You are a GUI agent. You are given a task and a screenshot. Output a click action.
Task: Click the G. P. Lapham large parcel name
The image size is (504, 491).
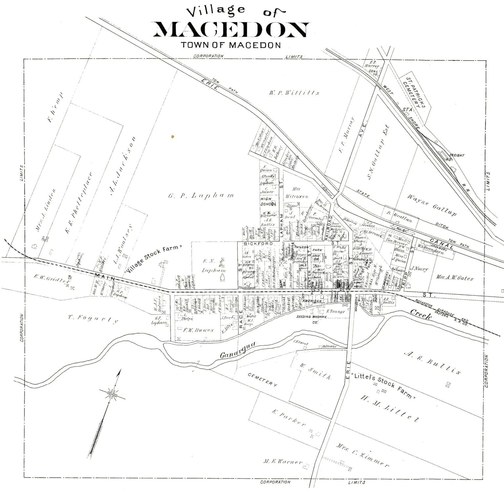tap(201, 196)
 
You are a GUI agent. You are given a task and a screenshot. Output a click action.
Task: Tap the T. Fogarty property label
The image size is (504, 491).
tap(93, 320)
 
